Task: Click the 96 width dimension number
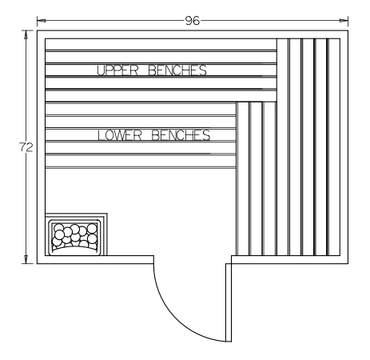point(193,21)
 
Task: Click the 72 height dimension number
point(26,147)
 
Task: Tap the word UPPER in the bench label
point(117,70)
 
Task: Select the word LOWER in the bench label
point(120,135)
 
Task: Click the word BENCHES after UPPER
point(177,70)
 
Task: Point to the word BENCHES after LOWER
point(181,135)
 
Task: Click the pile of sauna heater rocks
point(75,236)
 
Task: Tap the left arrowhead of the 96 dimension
point(41,20)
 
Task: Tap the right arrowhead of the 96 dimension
point(344,20)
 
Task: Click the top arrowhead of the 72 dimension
point(26,34)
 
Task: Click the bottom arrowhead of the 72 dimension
point(26,259)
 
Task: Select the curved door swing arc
point(173,320)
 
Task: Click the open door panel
point(229,302)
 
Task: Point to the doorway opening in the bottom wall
point(193,260)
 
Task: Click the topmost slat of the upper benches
point(161,44)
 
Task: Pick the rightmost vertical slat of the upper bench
point(334,147)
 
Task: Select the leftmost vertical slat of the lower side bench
point(243,178)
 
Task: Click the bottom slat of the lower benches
point(141,161)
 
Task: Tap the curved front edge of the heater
point(75,247)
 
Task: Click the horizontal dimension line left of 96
point(111,20)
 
